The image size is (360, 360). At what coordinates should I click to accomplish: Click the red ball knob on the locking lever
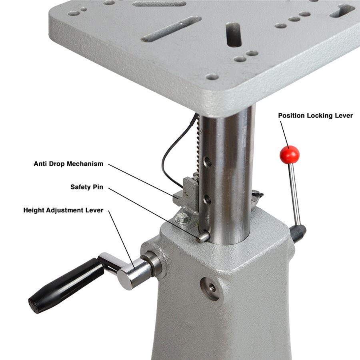point(290,154)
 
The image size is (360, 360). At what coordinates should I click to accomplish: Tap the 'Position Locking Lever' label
point(316,116)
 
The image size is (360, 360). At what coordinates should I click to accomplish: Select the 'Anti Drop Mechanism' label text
point(68,164)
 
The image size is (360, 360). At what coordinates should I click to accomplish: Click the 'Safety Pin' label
point(87,187)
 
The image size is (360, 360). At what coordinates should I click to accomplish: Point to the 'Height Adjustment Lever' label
point(63,210)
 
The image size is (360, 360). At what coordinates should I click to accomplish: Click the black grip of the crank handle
point(66,285)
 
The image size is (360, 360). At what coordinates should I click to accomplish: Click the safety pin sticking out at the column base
point(203,237)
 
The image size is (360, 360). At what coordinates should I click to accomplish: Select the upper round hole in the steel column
point(207,162)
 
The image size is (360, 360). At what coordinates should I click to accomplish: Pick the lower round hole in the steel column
point(207,199)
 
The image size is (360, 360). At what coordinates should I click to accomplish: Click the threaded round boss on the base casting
point(210,288)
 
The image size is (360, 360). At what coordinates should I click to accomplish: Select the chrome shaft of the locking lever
point(294,195)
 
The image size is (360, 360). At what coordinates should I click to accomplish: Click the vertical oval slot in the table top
point(234,34)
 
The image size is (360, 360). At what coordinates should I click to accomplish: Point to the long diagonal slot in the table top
point(171,29)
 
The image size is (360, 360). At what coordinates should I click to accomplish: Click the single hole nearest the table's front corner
point(212,77)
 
